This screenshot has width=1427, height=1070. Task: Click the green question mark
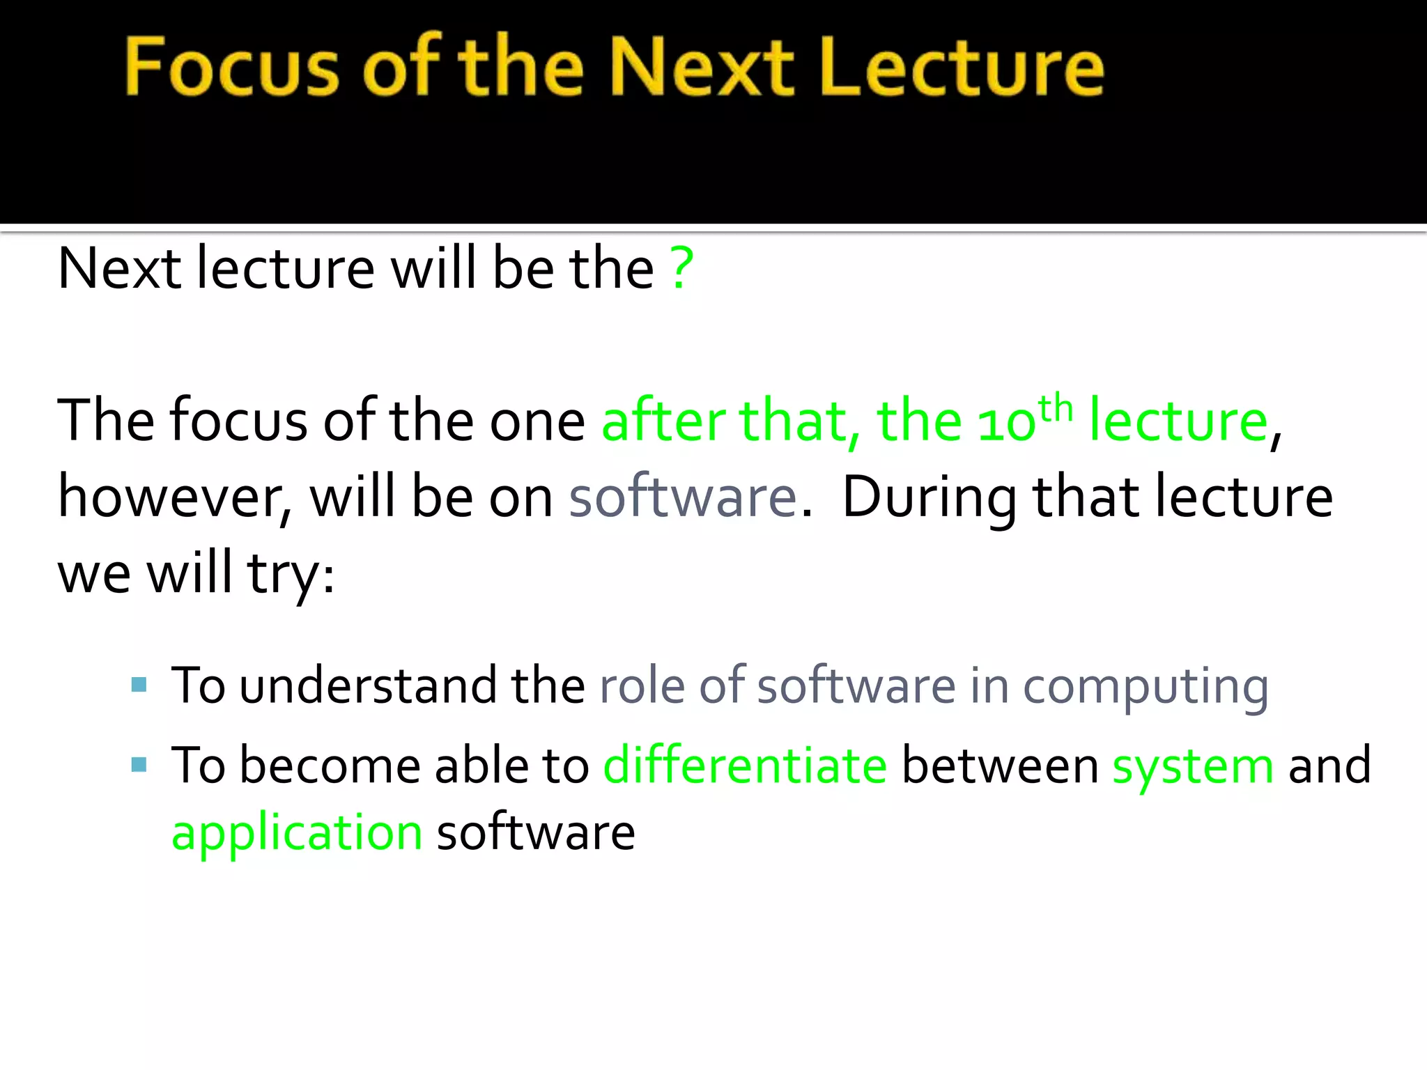pyautogui.click(x=681, y=268)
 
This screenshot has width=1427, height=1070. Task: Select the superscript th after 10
pyautogui.click(x=1055, y=408)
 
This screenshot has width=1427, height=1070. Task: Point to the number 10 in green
pyautogui.click(x=1006, y=422)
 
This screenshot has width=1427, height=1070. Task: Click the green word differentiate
pyautogui.click(x=745, y=766)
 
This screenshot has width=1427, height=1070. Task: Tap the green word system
pyautogui.click(x=1192, y=766)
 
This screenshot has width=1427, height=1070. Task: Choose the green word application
pyautogui.click(x=297, y=832)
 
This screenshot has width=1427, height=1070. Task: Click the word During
pyautogui.click(x=930, y=497)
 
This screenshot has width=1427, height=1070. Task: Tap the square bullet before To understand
pyautogui.click(x=139, y=685)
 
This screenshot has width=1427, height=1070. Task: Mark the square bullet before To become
pyautogui.click(x=139, y=765)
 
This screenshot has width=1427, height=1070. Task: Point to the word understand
pyautogui.click(x=368, y=685)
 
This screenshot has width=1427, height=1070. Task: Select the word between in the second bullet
pyautogui.click(x=999, y=766)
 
